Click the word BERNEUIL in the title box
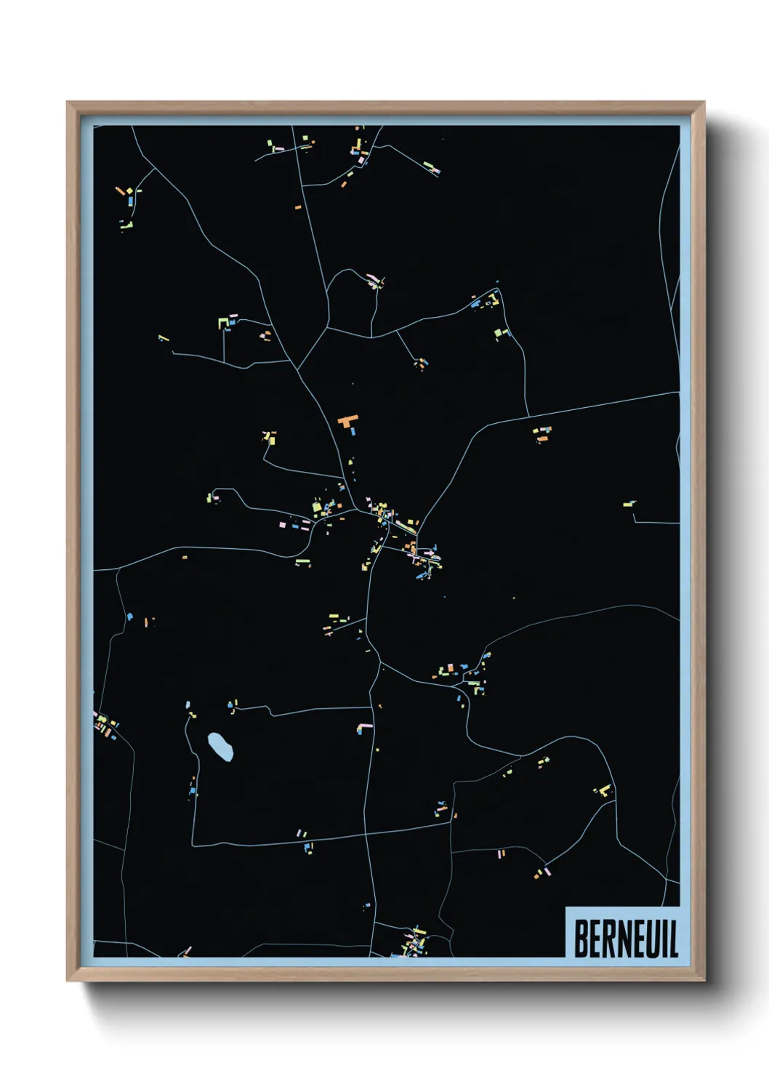pyautogui.click(x=626, y=939)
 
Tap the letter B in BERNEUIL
pyautogui.click(x=581, y=939)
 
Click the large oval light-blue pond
pyautogui.click(x=220, y=746)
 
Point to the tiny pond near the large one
pyautogui.click(x=188, y=704)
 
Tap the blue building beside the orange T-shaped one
pyautogui.click(x=353, y=431)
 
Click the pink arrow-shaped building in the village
pyautogui.click(x=429, y=553)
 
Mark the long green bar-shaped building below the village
pyautogui.click(x=302, y=561)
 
